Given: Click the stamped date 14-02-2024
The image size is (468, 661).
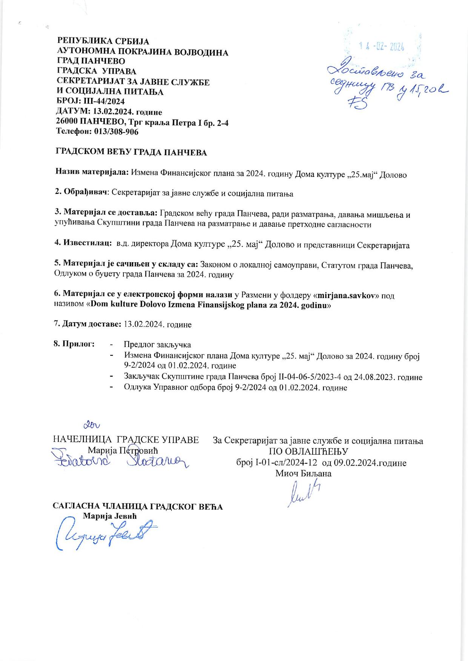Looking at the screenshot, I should [382, 47].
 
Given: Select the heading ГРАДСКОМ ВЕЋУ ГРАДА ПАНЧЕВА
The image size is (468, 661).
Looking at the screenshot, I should [131, 152].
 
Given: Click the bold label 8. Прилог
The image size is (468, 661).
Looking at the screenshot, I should [74, 344].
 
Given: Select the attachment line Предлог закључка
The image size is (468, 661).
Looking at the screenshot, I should [157, 344].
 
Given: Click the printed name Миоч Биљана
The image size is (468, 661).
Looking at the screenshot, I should [303, 473].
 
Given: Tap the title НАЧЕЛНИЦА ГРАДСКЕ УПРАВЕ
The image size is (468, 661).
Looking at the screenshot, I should [126, 440].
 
